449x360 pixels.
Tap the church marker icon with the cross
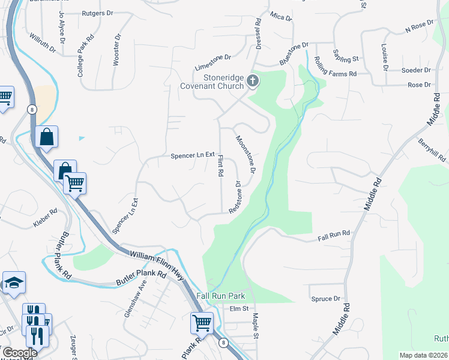pyautogui.click(x=253, y=81)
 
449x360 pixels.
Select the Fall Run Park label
pyautogui.click(x=221, y=296)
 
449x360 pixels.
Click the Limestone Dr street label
pyautogui.click(x=212, y=57)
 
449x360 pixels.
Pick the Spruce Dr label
pyautogui.click(x=326, y=298)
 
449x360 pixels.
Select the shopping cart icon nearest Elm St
pyautogui.click(x=202, y=323)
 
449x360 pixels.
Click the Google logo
pyautogui.click(x=20, y=353)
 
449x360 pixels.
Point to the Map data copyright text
pyautogui.click(x=423, y=355)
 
